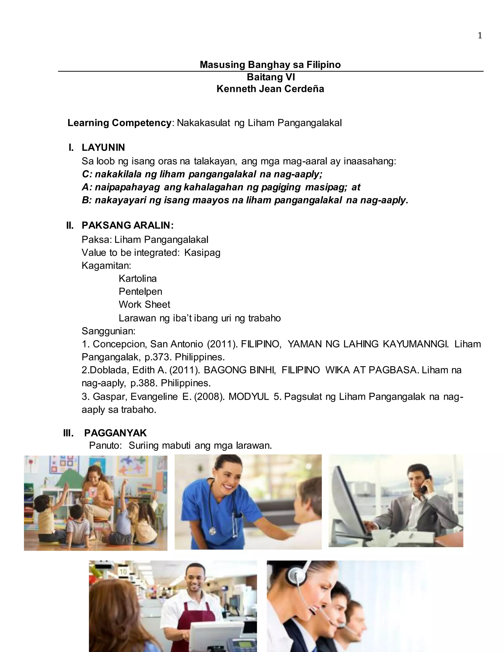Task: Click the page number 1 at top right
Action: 480,36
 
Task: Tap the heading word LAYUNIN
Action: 103,147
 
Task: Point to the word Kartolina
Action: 138,279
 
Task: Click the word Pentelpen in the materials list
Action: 140,291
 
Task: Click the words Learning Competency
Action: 119,123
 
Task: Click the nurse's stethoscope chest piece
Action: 212,531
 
